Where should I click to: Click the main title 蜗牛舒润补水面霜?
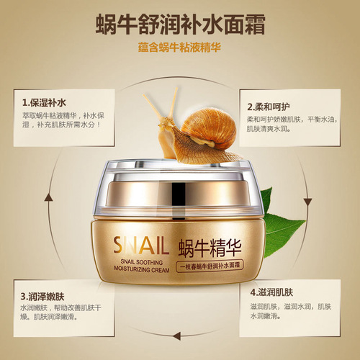click(180, 23)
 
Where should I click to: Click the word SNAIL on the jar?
click(141, 243)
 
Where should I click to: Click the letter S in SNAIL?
click(118, 243)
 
